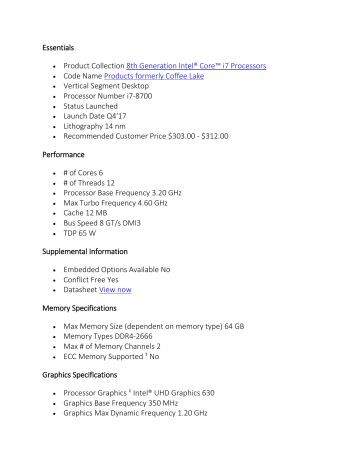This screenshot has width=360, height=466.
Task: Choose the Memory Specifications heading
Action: [91, 337]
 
